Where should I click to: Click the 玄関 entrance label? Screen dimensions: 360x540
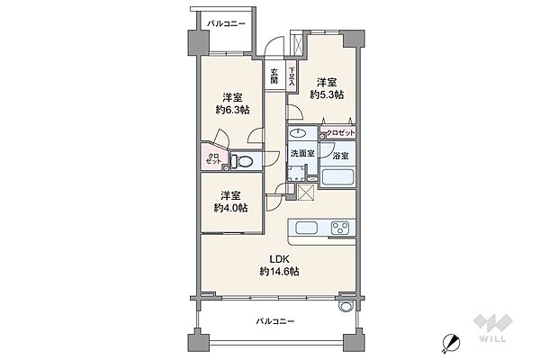274,76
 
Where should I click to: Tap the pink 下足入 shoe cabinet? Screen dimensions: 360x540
292,76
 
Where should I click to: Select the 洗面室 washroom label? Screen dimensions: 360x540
302,154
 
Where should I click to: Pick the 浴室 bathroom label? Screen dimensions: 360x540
340,156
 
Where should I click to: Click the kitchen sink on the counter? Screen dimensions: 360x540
302,227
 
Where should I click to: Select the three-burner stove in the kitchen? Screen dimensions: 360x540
342,227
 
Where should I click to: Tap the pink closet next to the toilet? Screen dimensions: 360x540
212,160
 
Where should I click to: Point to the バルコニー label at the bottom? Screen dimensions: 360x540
273,320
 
